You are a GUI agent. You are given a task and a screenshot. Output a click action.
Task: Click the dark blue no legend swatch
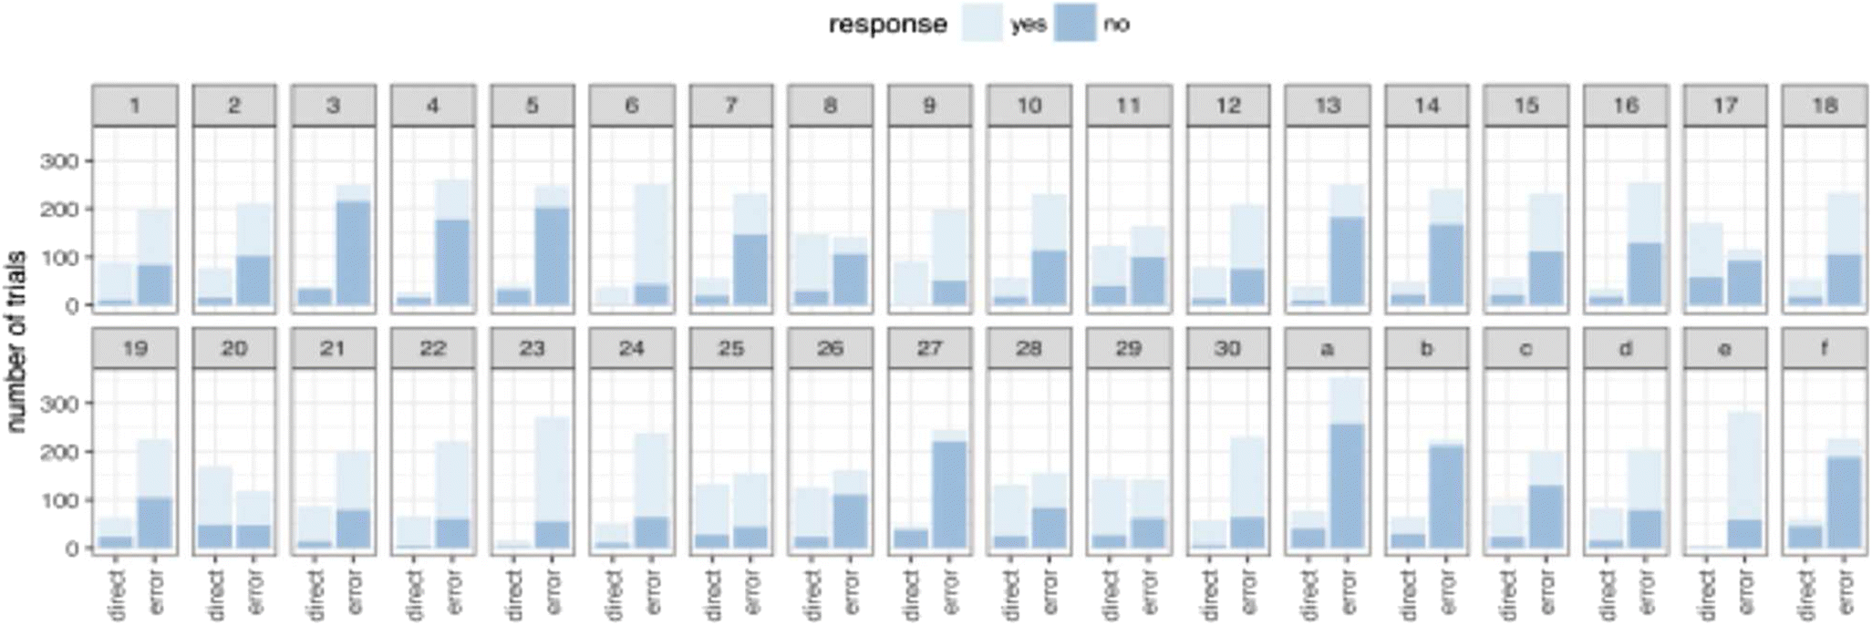pyautogui.click(x=1075, y=24)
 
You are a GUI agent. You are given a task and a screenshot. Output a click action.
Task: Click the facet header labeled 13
pyautogui.click(x=1327, y=106)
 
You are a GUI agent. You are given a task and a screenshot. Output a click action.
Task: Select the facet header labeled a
pyautogui.click(x=1327, y=348)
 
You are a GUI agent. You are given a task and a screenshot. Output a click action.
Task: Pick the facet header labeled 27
pyautogui.click(x=929, y=348)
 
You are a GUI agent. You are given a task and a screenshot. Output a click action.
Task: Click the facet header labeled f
pyautogui.click(x=1824, y=348)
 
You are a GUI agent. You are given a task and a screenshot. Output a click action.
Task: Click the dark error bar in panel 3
pyautogui.click(x=354, y=253)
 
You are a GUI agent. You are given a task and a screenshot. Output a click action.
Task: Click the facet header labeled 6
pyautogui.click(x=632, y=106)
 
